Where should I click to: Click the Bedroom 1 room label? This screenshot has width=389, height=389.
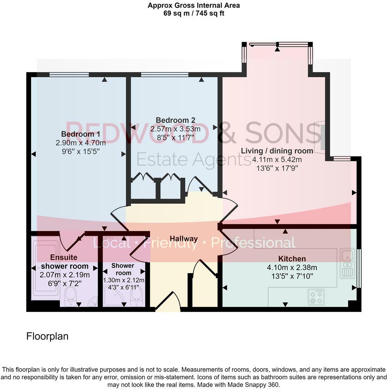(78, 134)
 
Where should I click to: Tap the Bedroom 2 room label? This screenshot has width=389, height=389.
(176, 120)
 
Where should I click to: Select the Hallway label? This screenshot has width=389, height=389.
(184, 239)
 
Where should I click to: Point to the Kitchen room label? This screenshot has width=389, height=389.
(292, 259)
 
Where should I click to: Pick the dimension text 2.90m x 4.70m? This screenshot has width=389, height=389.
(78, 143)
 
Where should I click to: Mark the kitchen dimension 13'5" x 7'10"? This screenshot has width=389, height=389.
(292, 276)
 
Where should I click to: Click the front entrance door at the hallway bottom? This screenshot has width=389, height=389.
(168, 303)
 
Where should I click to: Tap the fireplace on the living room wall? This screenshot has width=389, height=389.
(321, 137)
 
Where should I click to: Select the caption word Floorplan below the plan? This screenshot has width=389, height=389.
(47, 336)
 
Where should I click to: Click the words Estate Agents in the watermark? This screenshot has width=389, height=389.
(194, 159)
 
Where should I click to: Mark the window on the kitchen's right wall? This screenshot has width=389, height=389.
(358, 268)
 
